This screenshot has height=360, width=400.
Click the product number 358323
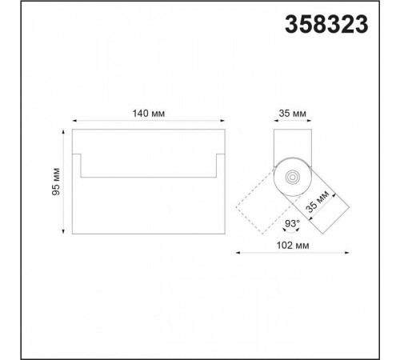click(x=326, y=24)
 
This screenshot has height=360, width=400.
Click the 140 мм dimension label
click(x=149, y=114)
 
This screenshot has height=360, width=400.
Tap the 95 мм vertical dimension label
click(x=56, y=182)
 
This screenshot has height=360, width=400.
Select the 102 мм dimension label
click(x=293, y=245)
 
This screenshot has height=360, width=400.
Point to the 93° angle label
click(x=292, y=223)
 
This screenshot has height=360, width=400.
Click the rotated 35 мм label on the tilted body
click(x=317, y=202)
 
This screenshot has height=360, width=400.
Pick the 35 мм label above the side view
click(x=293, y=114)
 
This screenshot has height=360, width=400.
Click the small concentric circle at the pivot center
click(x=292, y=177)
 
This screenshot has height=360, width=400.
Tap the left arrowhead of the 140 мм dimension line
click(x=74, y=121)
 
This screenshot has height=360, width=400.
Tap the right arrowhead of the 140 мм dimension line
click(x=222, y=121)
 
